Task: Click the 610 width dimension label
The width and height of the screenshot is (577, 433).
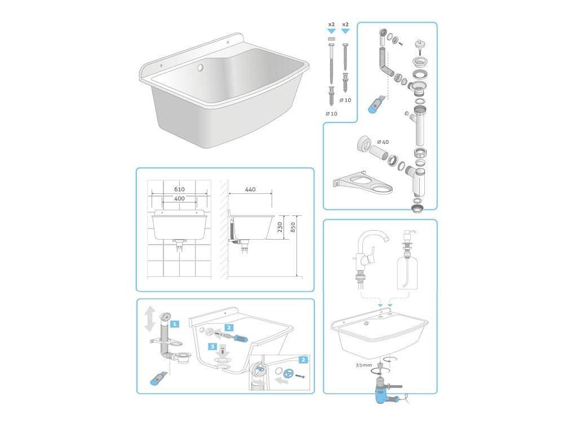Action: click(179, 189)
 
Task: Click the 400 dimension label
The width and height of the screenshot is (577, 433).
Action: click(179, 198)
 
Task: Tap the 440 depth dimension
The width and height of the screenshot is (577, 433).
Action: click(250, 189)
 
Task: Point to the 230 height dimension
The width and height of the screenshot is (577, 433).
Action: click(280, 227)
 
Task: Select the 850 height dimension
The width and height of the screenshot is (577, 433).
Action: click(293, 227)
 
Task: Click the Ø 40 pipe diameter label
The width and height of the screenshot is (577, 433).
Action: click(383, 142)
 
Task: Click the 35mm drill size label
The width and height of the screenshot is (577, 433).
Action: click(363, 365)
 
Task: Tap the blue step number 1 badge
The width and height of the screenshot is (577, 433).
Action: click(175, 324)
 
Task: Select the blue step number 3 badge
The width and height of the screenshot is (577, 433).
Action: click(212, 347)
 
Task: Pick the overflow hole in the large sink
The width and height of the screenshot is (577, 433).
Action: click(200, 68)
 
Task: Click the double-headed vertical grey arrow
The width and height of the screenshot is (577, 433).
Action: click(149, 319)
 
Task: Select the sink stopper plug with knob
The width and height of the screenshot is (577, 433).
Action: click(419, 44)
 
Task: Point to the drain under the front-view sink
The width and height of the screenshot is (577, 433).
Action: click(180, 245)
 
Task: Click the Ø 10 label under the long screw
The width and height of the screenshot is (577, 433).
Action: click(331, 113)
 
